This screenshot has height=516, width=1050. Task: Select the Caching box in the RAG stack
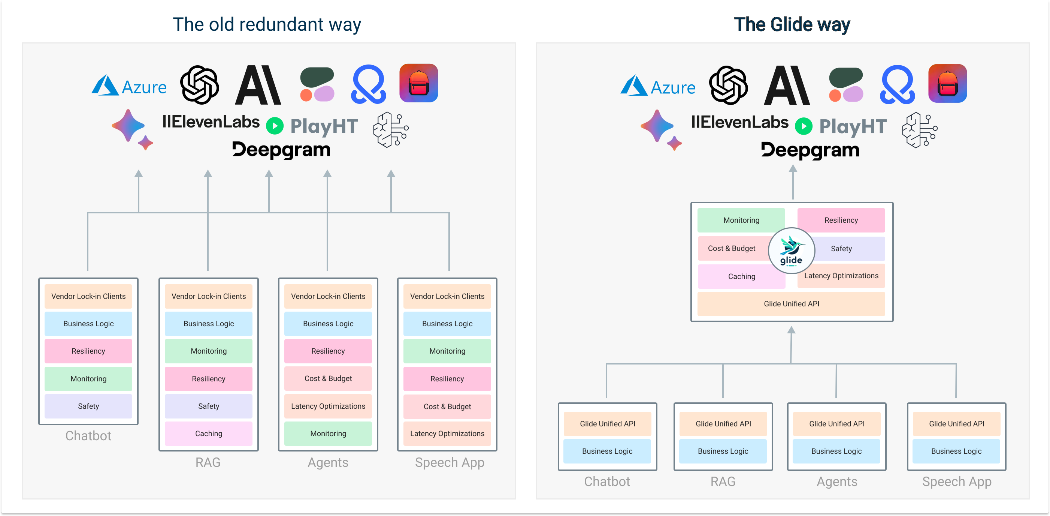tap(208, 433)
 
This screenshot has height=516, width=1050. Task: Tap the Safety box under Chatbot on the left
tap(88, 406)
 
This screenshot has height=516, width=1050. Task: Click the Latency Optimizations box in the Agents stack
tap(328, 406)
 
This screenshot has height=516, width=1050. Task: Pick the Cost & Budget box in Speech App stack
tap(447, 406)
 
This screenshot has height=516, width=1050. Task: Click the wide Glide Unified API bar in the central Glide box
tap(791, 303)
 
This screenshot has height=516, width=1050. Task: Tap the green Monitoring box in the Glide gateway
tap(741, 220)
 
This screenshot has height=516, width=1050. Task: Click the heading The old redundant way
tap(267, 24)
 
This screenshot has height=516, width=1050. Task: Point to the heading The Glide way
tap(792, 24)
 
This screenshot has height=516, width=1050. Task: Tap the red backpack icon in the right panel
tap(947, 83)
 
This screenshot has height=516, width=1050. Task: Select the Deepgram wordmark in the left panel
tap(281, 150)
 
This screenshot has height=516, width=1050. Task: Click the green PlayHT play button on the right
tap(804, 126)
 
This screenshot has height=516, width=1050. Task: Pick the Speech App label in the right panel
tap(956, 481)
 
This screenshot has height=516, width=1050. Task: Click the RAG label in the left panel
tap(208, 462)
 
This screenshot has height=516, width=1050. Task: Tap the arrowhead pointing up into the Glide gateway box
tap(791, 330)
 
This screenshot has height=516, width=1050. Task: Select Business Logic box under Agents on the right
tap(836, 451)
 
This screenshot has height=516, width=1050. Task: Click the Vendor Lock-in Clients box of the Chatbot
tap(88, 296)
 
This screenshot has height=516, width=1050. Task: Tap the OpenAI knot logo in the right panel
tap(728, 85)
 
